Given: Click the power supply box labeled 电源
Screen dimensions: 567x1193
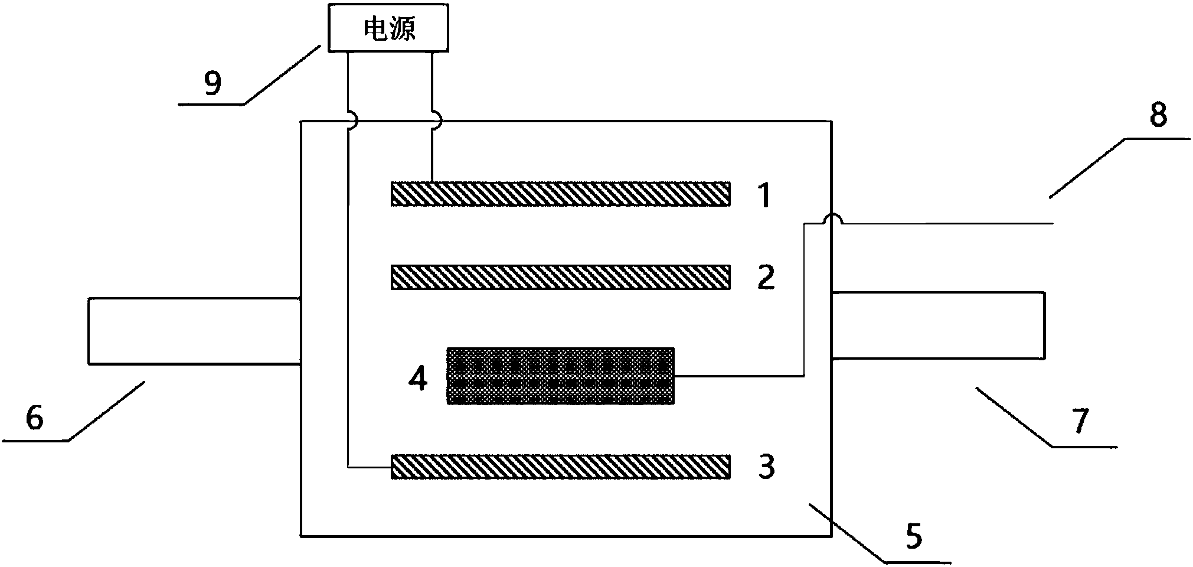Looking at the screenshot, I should pyautogui.click(x=388, y=28).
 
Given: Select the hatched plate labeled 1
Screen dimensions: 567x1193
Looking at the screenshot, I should pyautogui.click(x=560, y=194).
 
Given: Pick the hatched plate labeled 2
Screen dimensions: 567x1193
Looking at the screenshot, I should pyautogui.click(x=560, y=277).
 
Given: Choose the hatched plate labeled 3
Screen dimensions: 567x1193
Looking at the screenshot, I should pyautogui.click(x=560, y=466).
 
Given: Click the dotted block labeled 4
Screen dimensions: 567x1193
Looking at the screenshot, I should pyautogui.click(x=560, y=376).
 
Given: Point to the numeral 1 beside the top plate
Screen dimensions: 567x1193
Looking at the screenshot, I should pyautogui.click(x=764, y=195).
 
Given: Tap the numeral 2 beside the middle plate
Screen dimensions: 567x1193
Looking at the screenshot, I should pyautogui.click(x=766, y=278).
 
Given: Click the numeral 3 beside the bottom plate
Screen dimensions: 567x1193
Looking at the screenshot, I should pyautogui.click(x=766, y=467).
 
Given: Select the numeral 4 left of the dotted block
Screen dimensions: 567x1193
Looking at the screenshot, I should pyautogui.click(x=418, y=379).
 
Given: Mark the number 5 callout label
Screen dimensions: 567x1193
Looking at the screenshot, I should pyautogui.click(x=913, y=537).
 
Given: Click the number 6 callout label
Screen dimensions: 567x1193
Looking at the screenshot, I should pyautogui.click(x=35, y=419).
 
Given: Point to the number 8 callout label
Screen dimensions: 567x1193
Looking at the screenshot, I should pyautogui.click(x=1158, y=116).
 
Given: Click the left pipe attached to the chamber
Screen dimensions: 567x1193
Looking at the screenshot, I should pyautogui.click(x=194, y=331).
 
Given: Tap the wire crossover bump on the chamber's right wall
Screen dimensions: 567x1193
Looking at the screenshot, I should pyautogui.click(x=833, y=220).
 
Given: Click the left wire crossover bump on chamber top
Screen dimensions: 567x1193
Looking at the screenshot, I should pyautogui.click(x=351, y=122).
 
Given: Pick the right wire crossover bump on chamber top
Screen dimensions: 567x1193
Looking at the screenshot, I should pyautogui.click(x=435, y=121).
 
